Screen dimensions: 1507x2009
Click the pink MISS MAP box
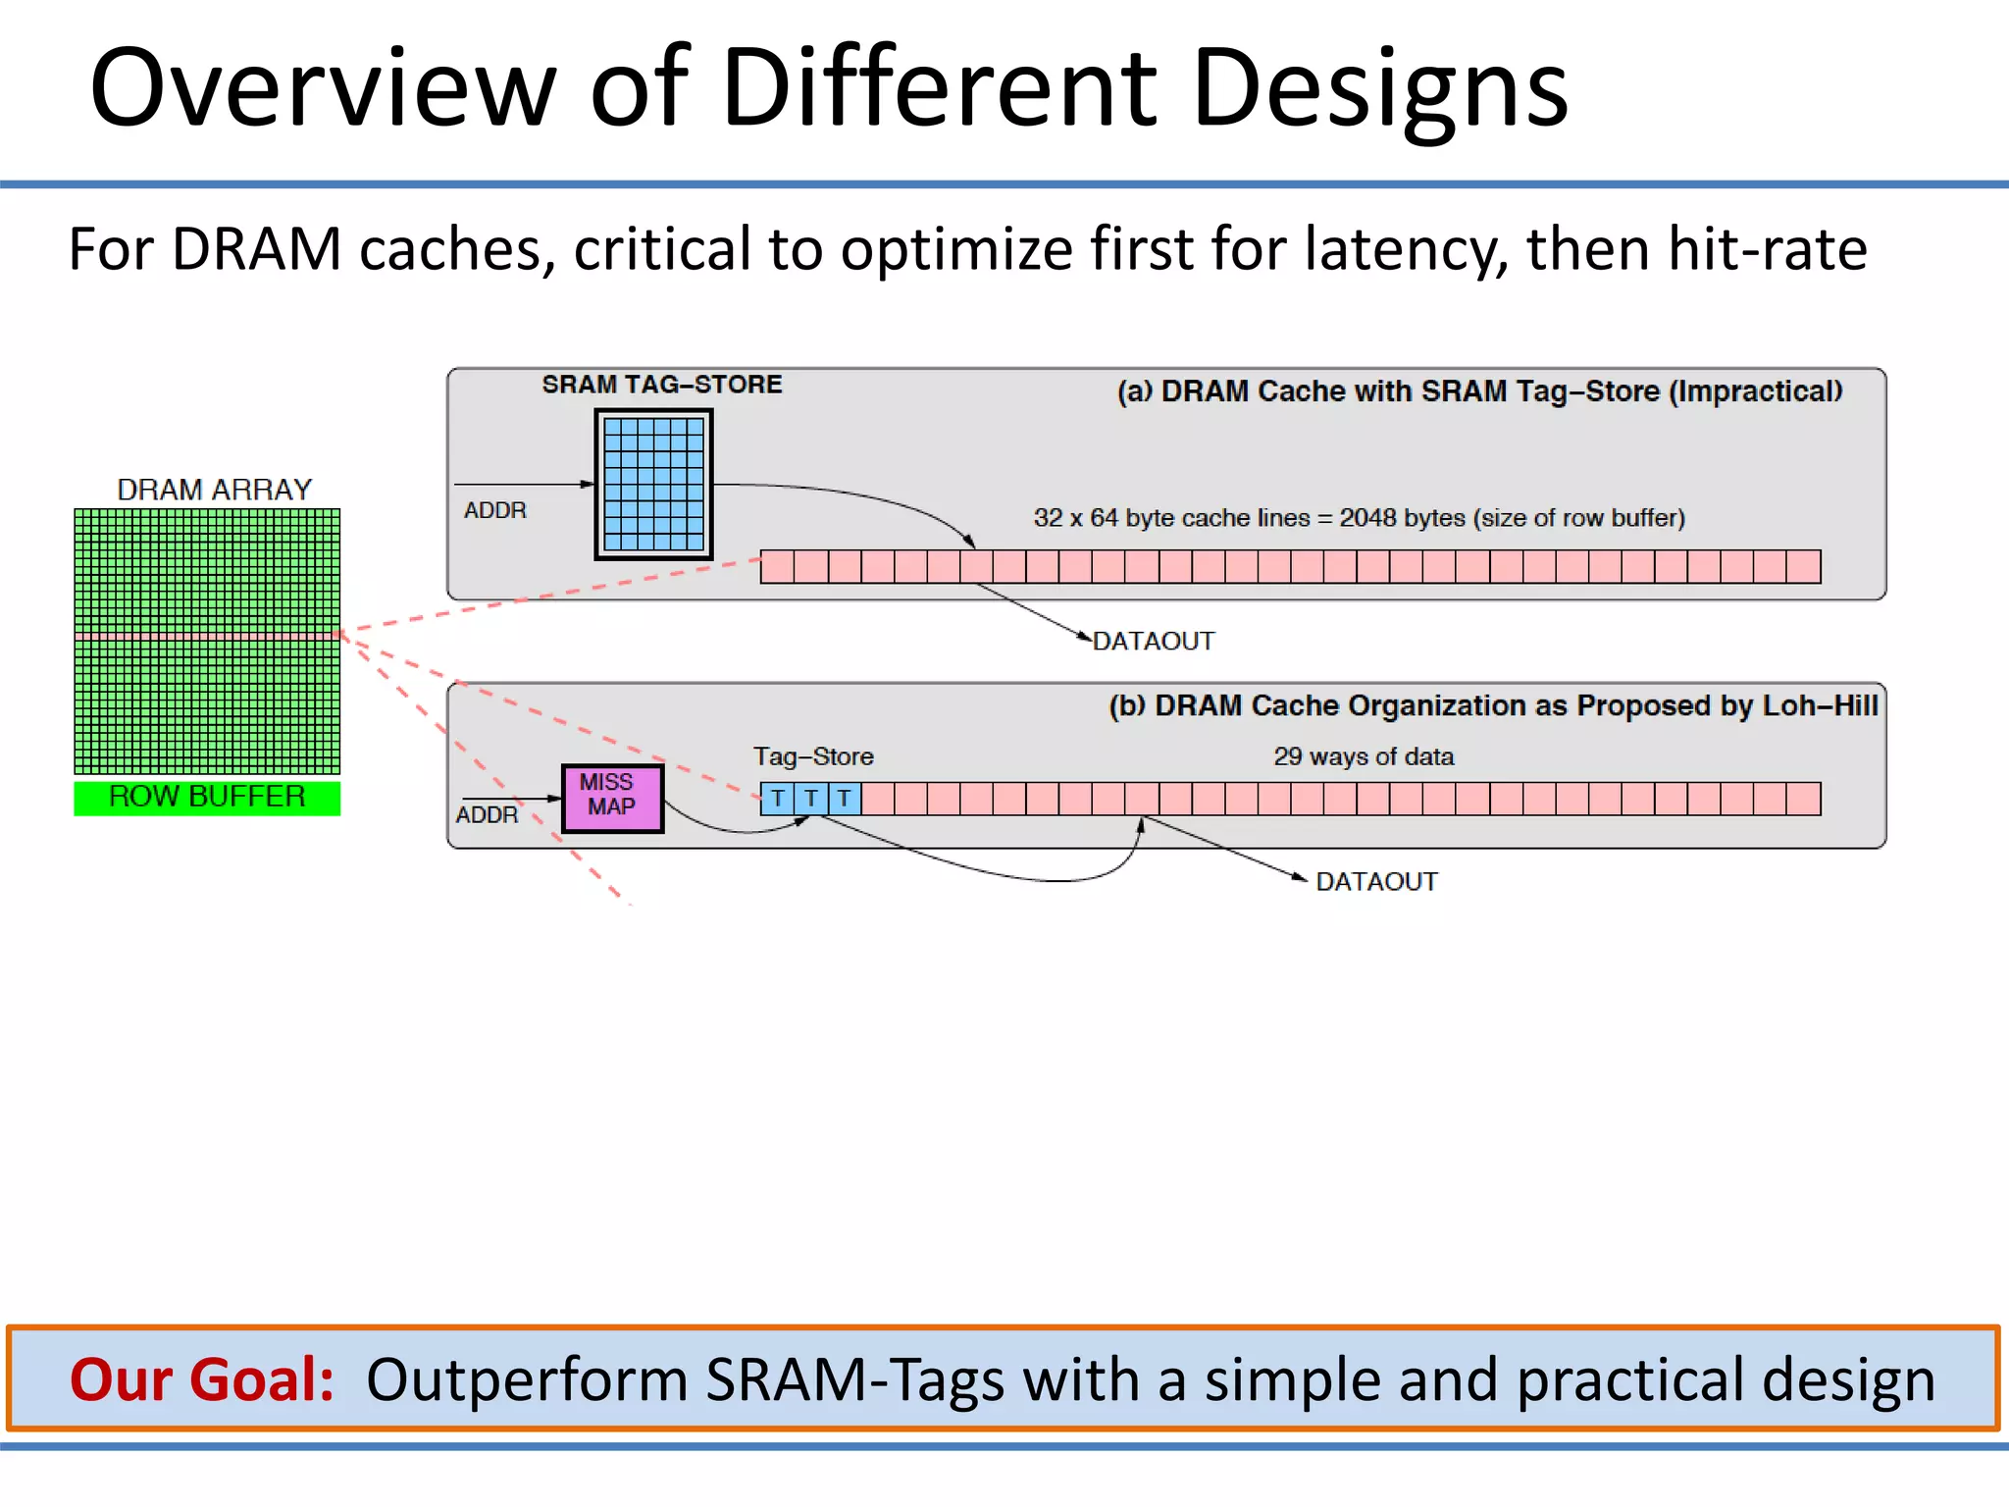612,798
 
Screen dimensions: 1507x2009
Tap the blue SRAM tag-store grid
653,485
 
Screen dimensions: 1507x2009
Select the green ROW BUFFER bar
207,798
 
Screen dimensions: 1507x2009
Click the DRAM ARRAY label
214,490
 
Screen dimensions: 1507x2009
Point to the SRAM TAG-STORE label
662,385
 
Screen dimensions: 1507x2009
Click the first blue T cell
778,799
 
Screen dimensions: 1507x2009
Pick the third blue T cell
845,799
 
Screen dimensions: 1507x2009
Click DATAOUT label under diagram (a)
1154,642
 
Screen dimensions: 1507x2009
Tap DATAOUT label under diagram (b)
1376,882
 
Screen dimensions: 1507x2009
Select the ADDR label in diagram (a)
495,511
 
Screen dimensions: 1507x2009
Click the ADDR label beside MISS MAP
487,815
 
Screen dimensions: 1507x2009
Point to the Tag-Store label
813,756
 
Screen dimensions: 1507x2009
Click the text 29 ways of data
1364,756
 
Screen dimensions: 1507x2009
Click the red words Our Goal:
202,1379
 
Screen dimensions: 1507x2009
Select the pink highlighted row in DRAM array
207,637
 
